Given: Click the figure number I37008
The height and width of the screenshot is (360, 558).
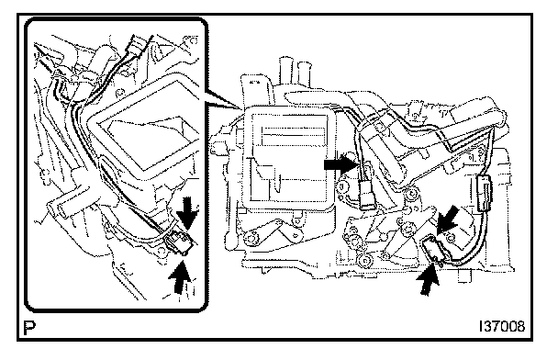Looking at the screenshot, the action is pyautogui.click(x=502, y=326).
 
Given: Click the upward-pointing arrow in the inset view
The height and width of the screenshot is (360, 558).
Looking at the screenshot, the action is pyautogui.click(x=181, y=276).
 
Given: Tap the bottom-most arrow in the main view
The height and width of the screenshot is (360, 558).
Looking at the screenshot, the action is pyautogui.click(x=430, y=278).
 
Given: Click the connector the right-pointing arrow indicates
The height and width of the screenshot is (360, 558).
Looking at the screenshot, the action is pyautogui.click(x=366, y=195).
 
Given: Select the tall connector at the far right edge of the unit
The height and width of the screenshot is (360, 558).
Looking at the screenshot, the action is pyautogui.click(x=483, y=193).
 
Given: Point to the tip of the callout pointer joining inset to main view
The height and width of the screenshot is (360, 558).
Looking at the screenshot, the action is pyautogui.click(x=242, y=108).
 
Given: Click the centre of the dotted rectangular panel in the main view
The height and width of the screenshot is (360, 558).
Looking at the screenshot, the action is pyautogui.click(x=288, y=158).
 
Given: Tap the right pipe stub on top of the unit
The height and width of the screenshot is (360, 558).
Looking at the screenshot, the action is pyautogui.click(x=304, y=76).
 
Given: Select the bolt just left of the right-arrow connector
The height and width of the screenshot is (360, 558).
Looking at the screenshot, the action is pyautogui.click(x=342, y=186).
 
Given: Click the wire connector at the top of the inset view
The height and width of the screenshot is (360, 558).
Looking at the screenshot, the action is pyautogui.click(x=136, y=46).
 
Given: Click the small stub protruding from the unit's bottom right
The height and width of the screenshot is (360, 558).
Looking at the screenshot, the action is pyautogui.click(x=463, y=276).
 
